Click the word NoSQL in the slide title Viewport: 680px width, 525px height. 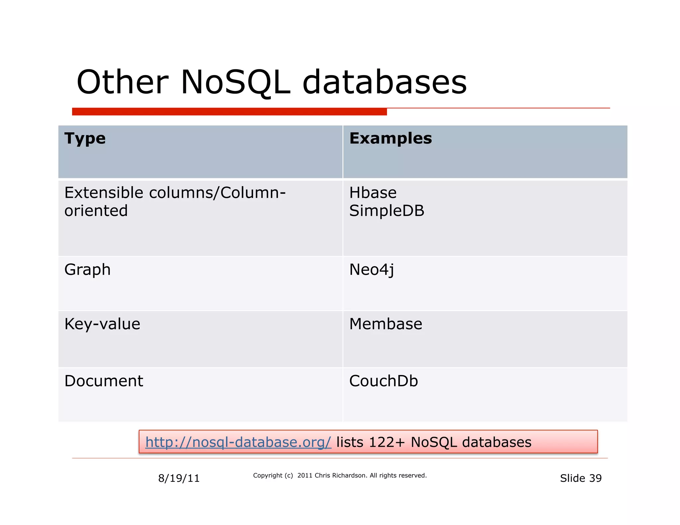pyautogui.click(x=235, y=82)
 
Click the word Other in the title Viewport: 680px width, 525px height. pyautogui.click(x=123, y=82)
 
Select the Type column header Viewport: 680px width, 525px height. pyautogui.click(x=85, y=138)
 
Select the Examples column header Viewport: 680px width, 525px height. pyautogui.click(x=390, y=138)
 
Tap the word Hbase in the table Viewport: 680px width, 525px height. pyautogui.click(x=373, y=193)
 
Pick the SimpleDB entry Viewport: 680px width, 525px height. pyautogui.click(x=387, y=211)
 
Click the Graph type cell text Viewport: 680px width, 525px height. pyautogui.click(x=87, y=270)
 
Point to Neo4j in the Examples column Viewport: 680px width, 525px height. pyautogui.click(x=372, y=270)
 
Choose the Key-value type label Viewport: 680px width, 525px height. pyautogui.click(x=102, y=324)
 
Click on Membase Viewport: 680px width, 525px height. pyautogui.click(x=385, y=324)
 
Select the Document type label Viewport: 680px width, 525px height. pyautogui.click(x=104, y=381)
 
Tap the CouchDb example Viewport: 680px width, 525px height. pyautogui.click(x=383, y=381)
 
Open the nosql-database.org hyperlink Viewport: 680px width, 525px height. pyautogui.click(x=238, y=442)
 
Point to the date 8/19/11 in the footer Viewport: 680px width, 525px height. pyautogui.click(x=179, y=478)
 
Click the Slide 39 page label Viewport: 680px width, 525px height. pyautogui.click(x=581, y=478)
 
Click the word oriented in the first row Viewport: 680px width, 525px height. pyautogui.click(x=96, y=211)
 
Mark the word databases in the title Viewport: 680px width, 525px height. pyautogui.click(x=384, y=82)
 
